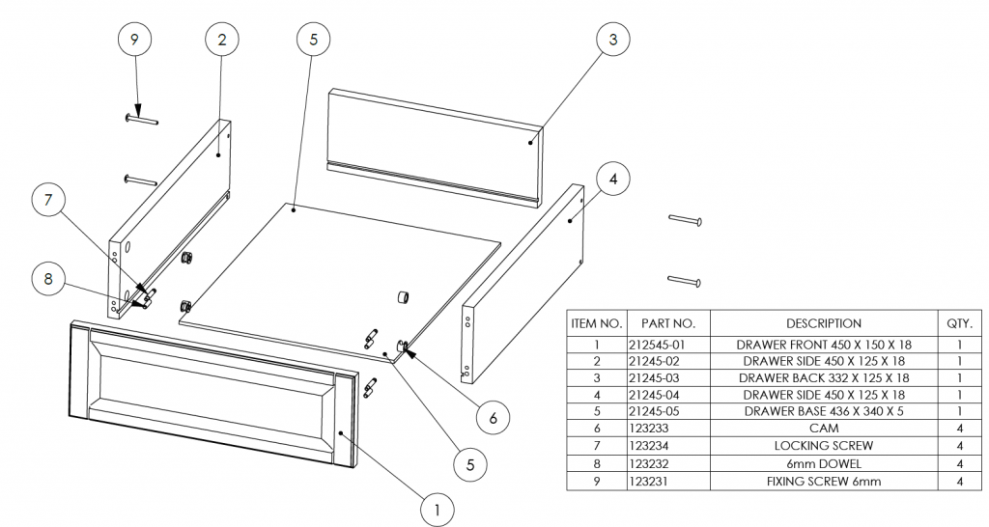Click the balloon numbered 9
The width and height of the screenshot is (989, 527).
[x=134, y=40]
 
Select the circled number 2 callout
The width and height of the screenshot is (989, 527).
[x=222, y=40]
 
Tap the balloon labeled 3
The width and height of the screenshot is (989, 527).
[x=612, y=40]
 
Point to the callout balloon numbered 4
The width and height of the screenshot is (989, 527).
[x=614, y=179]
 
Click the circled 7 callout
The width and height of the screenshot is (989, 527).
[x=48, y=202]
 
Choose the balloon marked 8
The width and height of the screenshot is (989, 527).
[x=48, y=279]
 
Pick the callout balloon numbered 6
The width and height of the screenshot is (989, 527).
[x=494, y=417]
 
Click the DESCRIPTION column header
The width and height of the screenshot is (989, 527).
[x=823, y=323]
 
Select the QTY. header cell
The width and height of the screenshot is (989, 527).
[x=965, y=323]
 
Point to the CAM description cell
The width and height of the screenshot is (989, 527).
[x=823, y=429]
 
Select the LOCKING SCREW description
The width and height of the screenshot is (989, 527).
[x=823, y=446]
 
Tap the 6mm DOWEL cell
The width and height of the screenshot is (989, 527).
[x=823, y=463]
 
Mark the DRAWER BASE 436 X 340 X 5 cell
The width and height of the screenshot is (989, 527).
[x=823, y=411]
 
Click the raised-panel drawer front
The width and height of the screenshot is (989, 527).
[x=212, y=391]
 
